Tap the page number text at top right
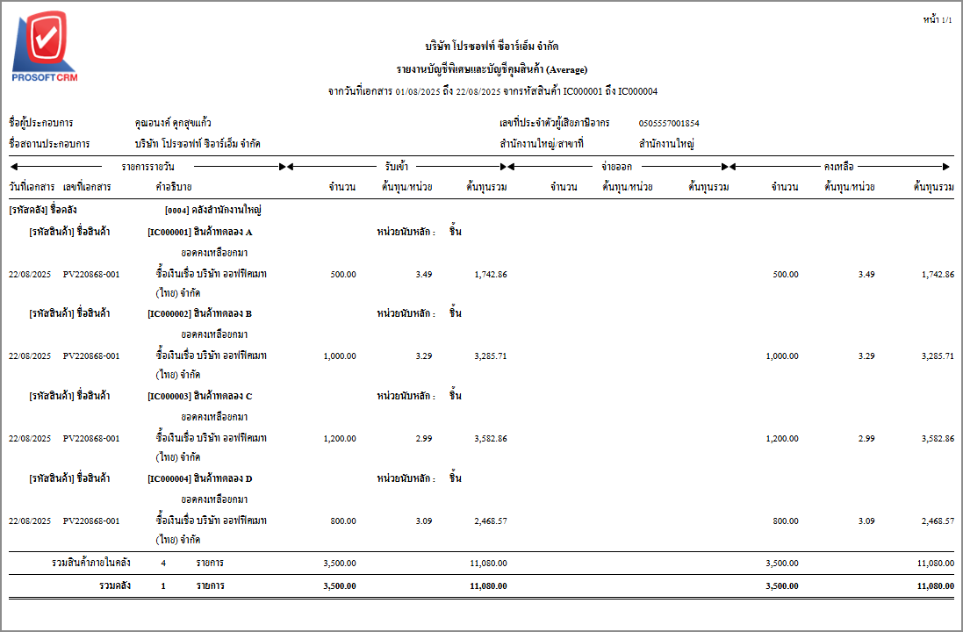[x=937, y=19]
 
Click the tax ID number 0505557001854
[x=669, y=123]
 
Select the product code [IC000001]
[x=169, y=232]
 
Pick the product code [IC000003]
[x=169, y=396]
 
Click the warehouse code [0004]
[x=177, y=210]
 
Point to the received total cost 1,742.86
[x=490, y=274]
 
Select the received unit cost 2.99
[x=423, y=438]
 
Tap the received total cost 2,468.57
[x=490, y=521]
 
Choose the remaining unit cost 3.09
[x=866, y=521]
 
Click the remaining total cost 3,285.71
[x=937, y=355]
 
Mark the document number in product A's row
[x=91, y=274]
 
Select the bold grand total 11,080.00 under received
[x=488, y=585]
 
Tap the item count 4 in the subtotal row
[x=163, y=563]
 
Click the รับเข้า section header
[x=396, y=165]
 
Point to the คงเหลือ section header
[x=839, y=165]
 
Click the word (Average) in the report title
[x=567, y=69]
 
